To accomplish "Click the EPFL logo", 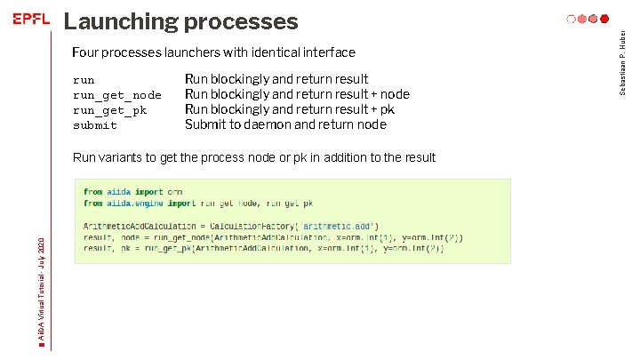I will click(x=31, y=20).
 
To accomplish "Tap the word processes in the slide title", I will click(x=244, y=20).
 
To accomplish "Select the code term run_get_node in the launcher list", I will click(x=117, y=95).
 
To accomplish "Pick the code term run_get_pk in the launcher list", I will click(x=110, y=110).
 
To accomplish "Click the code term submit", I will click(x=95, y=125).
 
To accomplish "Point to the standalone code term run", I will click(x=84, y=80).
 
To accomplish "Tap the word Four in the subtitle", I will click(x=87, y=53).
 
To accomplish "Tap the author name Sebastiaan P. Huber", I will click(x=624, y=60).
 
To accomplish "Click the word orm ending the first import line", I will click(x=175, y=192).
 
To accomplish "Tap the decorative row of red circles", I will click(x=588, y=19).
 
